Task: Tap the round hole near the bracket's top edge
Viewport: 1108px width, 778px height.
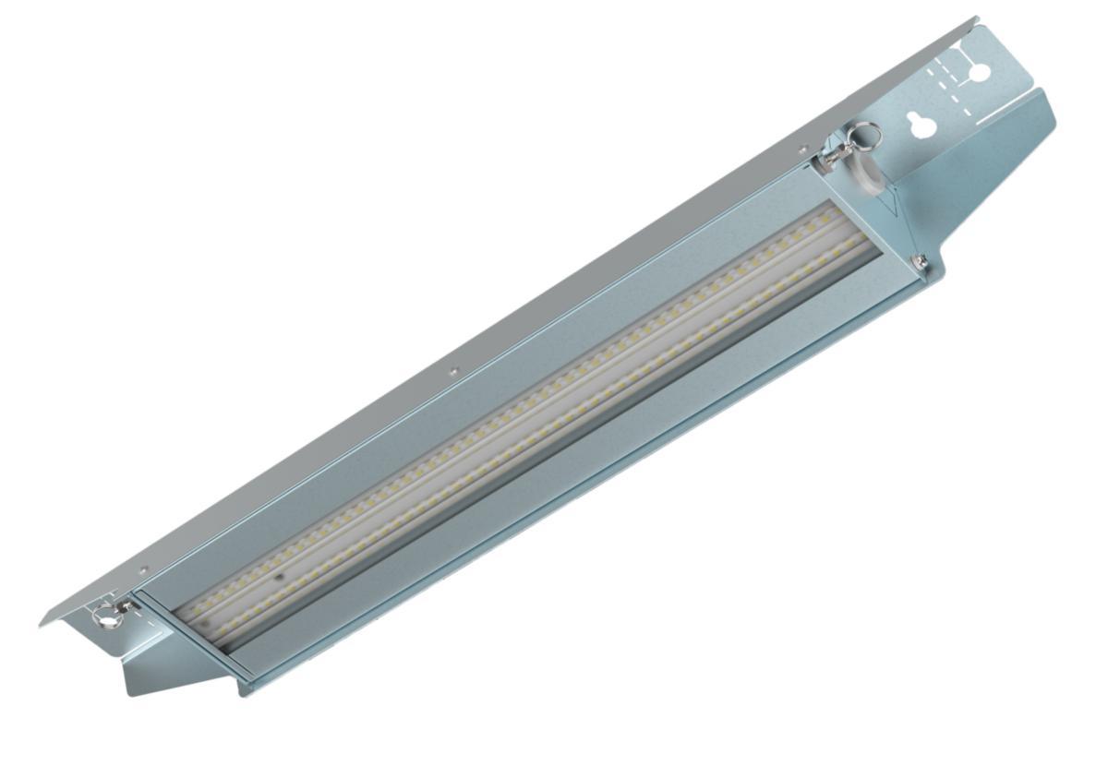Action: (x=980, y=70)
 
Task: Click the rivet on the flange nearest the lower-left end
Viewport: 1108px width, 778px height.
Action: (x=142, y=571)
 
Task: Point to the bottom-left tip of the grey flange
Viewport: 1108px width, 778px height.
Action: (x=42, y=625)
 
